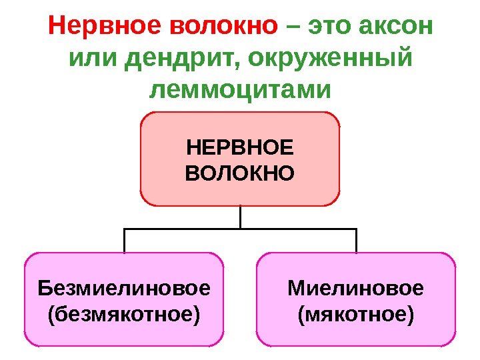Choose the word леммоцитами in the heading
[x=240, y=89]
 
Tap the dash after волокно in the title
[x=291, y=28]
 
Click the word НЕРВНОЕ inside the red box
[x=240, y=147]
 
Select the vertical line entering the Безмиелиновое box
[x=125, y=241]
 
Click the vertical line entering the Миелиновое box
[x=356, y=241]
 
